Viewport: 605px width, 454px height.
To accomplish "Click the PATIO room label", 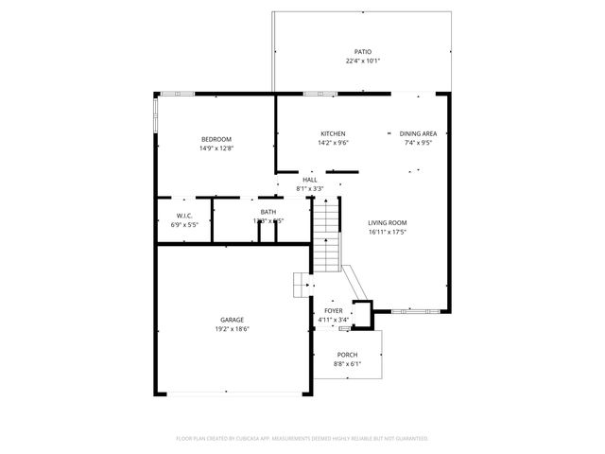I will tap(363, 52).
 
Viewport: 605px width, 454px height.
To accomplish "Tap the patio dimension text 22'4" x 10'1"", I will tap(363, 61).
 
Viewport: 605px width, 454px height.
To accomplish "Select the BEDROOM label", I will tap(216, 139).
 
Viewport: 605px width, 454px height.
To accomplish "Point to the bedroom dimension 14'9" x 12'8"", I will tap(216, 148).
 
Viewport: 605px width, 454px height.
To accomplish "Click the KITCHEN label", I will tap(333, 134).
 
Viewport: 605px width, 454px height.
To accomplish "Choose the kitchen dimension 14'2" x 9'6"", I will tap(333, 144).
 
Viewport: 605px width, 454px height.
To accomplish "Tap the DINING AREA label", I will tap(418, 134).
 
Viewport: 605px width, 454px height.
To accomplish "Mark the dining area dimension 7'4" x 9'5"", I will tap(418, 144).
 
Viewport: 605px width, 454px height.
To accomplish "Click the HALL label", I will tap(310, 179).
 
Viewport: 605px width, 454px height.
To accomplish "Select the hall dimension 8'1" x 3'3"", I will tap(310, 188).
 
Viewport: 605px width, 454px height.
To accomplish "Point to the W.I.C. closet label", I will tap(184, 217).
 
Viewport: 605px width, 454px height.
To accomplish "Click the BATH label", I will tap(268, 212).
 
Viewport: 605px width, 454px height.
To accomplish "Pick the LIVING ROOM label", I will tap(387, 222).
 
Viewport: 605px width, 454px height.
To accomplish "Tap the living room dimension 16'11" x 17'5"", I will tap(387, 232).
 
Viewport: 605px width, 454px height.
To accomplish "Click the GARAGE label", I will tap(233, 320).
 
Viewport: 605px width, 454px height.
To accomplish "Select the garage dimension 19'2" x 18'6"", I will tap(233, 330).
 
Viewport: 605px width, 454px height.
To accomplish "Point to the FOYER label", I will tap(334, 310).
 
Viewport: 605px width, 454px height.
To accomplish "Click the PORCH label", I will tap(347, 354).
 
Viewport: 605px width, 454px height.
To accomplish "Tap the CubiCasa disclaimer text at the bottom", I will tap(302, 438).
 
